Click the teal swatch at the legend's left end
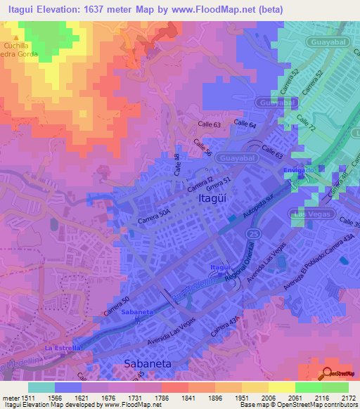[41, 387]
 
